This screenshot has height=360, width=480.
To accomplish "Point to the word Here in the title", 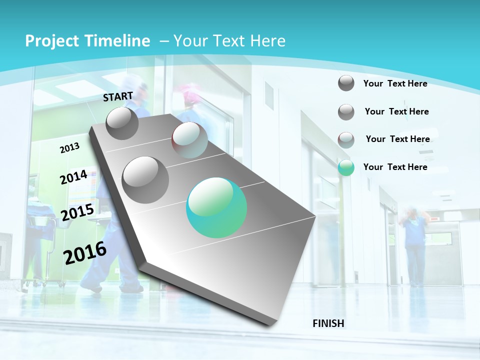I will point(267,41).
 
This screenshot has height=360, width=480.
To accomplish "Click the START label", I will point(118,96).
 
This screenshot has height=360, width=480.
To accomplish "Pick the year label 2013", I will point(70,147).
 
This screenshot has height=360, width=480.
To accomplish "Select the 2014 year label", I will point(73,177).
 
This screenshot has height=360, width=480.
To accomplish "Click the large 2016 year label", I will point(85,253).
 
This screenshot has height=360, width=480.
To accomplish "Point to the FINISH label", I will point(328,323).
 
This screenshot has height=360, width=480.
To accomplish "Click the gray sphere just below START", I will point(122,123).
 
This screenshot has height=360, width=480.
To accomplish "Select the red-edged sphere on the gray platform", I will point(189,140).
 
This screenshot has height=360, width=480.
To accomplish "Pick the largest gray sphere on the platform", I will point(145,179).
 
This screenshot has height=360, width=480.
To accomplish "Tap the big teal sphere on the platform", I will point(216,207).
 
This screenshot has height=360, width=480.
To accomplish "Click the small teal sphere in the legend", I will point(346,167).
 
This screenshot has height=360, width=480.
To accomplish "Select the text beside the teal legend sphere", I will point(395,167).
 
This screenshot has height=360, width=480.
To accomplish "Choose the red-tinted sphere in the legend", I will point(346,140).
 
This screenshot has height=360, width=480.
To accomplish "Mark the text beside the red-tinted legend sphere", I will point(397,139).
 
